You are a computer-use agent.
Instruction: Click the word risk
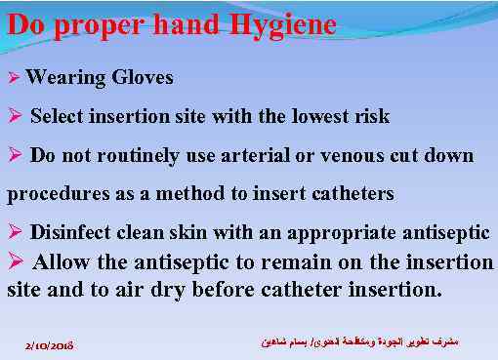pos(370,117)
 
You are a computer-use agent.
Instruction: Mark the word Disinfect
pos(70,232)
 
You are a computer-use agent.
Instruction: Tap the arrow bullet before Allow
pos(15,261)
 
